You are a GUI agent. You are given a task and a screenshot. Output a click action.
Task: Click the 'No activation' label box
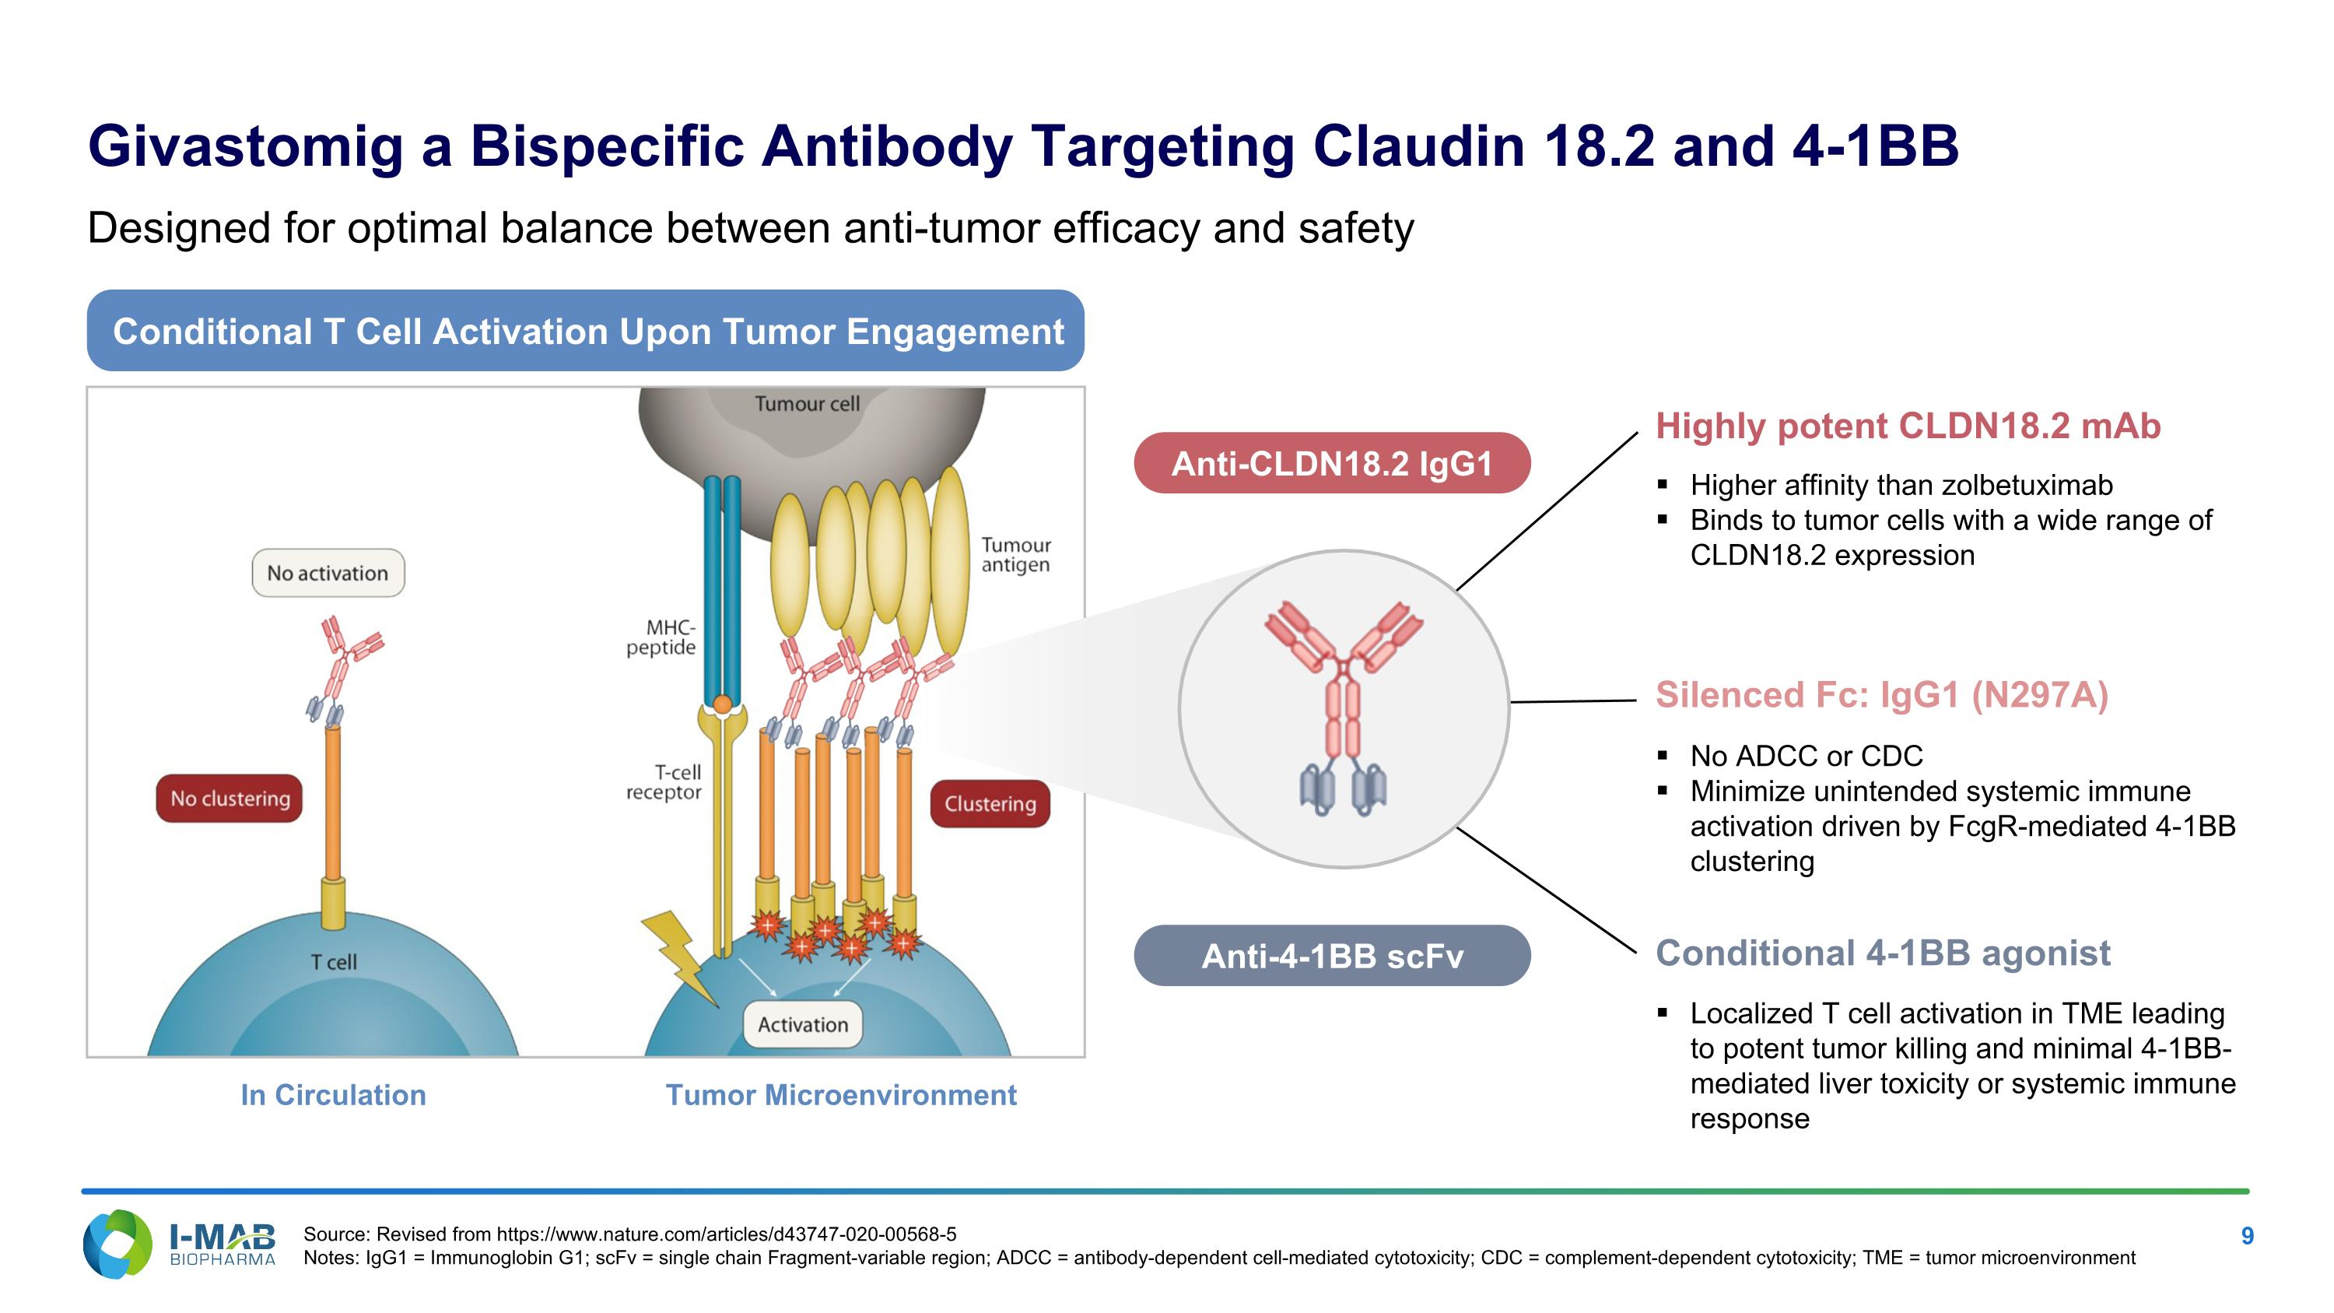[328, 573]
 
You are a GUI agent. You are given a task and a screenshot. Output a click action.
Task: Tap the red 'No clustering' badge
[230, 799]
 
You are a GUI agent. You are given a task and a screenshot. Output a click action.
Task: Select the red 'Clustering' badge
[990, 804]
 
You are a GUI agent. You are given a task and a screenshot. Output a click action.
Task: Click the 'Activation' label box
[802, 1025]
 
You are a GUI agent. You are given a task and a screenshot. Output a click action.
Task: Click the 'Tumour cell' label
[806, 404]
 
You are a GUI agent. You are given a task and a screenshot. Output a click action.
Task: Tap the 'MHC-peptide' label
[662, 637]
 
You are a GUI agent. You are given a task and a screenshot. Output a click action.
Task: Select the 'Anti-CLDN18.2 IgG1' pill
[1331, 463]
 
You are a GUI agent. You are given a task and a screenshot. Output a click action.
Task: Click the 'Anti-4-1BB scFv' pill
[1331, 956]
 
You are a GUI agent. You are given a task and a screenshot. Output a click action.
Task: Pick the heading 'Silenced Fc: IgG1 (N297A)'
[1881, 695]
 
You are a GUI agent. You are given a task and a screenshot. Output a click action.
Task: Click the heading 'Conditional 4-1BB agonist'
[1882, 953]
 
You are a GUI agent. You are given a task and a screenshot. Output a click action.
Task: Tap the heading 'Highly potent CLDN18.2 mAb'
[1907, 426]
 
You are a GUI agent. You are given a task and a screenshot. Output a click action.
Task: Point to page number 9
[2246, 1236]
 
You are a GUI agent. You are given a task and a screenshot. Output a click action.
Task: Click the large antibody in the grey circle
[1343, 707]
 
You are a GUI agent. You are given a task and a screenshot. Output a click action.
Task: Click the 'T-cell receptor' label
[666, 782]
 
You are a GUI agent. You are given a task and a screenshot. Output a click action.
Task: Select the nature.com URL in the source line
[726, 1234]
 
